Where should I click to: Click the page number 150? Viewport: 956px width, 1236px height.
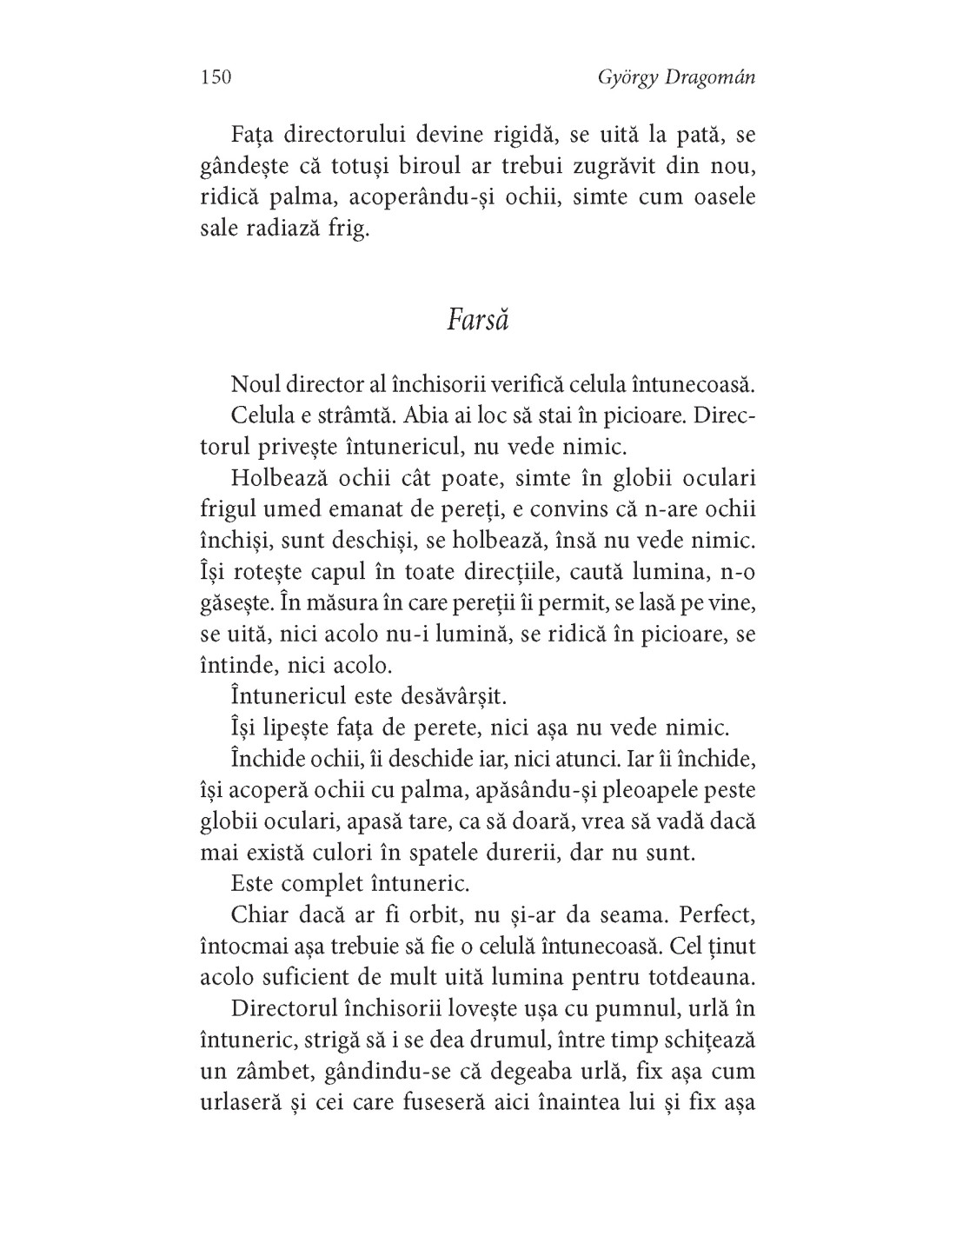pos(216,78)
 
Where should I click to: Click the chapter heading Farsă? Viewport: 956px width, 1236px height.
pos(478,320)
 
